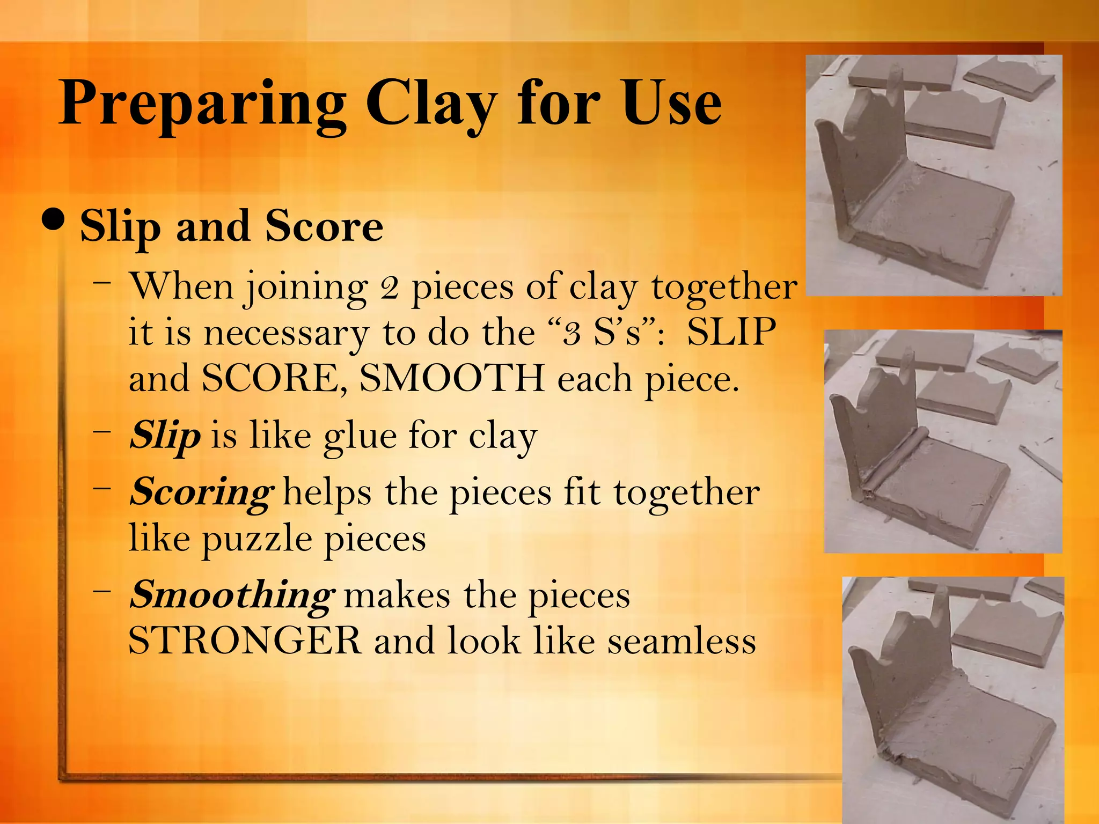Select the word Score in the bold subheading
coord(324,226)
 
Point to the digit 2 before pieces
coord(389,288)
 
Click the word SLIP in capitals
coord(731,332)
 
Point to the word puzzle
coord(257,539)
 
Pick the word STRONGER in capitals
coord(245,641)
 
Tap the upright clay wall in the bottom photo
coord(907,671)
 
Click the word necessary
coord(287,333)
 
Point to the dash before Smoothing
coord(101,591)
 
